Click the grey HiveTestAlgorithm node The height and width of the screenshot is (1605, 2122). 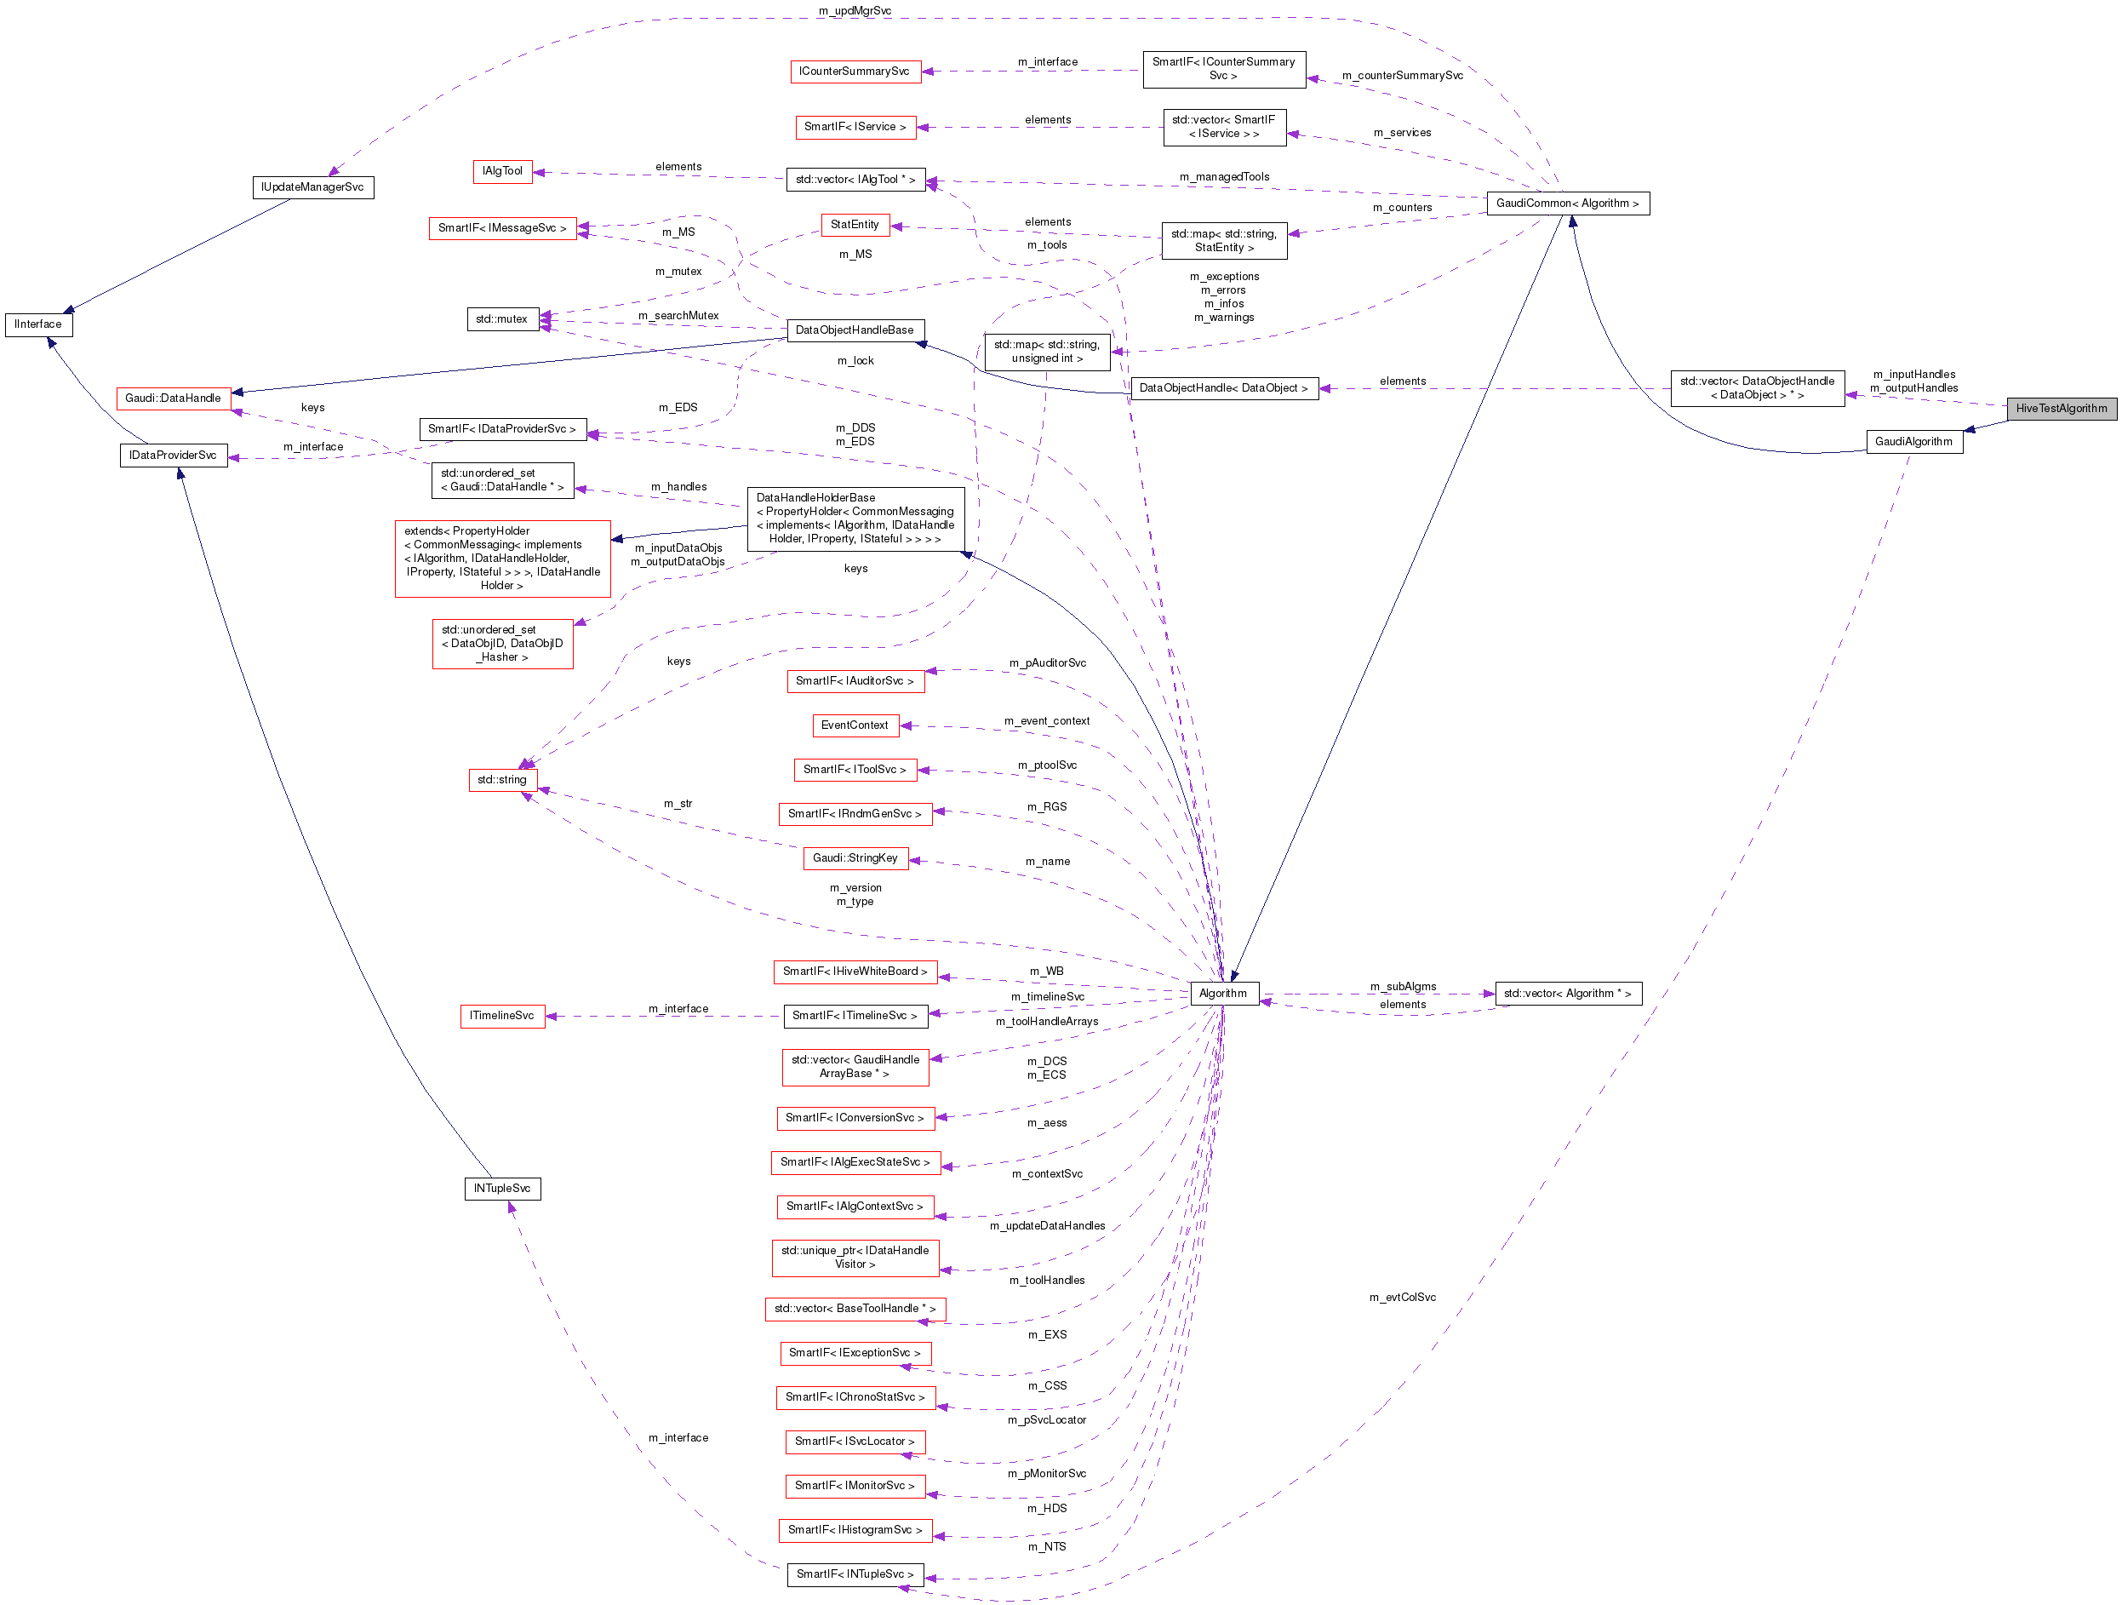tap(2061, 409)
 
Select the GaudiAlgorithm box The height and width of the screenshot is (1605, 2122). tap(1913, 441)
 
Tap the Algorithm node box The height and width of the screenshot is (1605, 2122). tap(1222, 993)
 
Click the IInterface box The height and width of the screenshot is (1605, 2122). tap(38, 324)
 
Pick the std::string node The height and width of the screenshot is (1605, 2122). tap(501, 779)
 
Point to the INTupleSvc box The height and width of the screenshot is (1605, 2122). tap(501, 1188)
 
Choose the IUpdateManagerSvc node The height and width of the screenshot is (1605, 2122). tap(312, 187)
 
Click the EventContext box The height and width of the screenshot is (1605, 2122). tap(854, 725)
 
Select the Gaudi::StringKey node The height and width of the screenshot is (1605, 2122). tap(855, 857)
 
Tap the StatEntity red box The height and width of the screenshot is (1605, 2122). tap(854, 225)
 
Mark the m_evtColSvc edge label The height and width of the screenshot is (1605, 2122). tap(1402, 1297)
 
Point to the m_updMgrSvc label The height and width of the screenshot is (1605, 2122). tap(854, 10)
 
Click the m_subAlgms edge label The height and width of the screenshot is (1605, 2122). tap(1403, 986)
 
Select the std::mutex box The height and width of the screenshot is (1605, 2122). tap(501, 318)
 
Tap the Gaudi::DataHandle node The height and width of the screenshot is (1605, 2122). tap(173, 398)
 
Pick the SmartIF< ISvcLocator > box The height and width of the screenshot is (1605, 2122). tap(854, 1441)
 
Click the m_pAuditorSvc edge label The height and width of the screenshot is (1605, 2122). tap(1047, 663)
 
